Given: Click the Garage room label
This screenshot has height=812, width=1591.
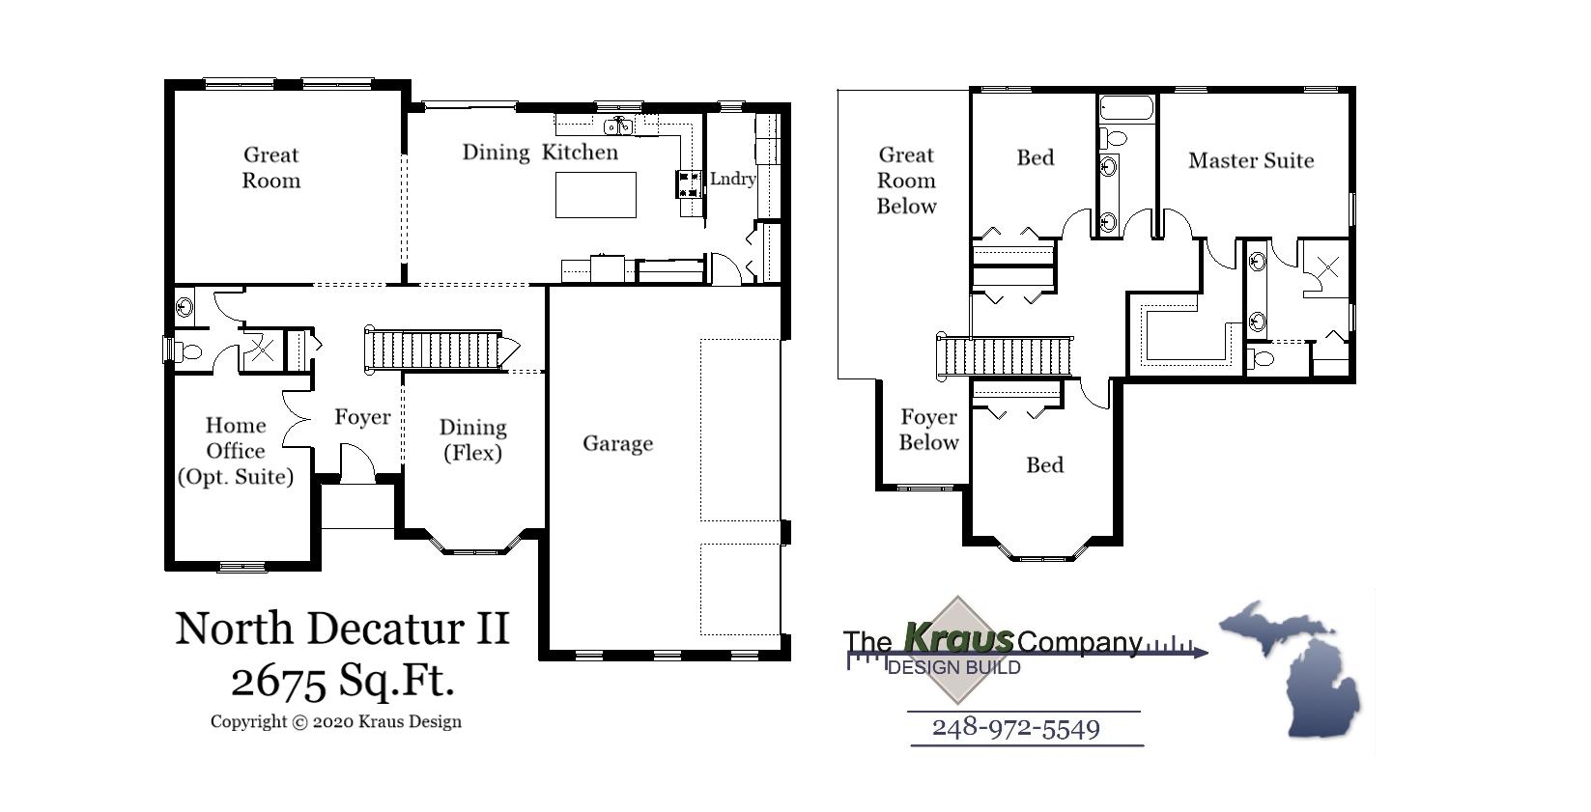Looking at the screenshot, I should tap(617, 443).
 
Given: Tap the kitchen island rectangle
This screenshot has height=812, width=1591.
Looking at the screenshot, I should tap(595, 194).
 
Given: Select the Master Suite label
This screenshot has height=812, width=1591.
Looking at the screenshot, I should tap(1250, 160).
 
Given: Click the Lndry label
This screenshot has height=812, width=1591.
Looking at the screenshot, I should tap(732, 179).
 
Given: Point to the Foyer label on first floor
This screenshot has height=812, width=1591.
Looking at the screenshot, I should tap(362, 417).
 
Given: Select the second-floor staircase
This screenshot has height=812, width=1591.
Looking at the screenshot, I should tap(1005, 356).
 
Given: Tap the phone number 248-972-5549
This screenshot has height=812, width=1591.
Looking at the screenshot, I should tap(1015, 727).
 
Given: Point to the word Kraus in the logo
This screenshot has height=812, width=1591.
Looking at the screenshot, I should tap(958, 638).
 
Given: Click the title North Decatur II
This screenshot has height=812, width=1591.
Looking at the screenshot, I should tap(342, 629).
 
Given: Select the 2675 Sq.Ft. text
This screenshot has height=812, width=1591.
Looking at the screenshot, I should tap(342, 681).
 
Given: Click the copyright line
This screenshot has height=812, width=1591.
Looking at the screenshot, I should tap(335, 721).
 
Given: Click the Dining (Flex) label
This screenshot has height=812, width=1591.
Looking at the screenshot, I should tap(472, 439).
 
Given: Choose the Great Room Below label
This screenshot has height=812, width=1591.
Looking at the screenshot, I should tap(906, 181).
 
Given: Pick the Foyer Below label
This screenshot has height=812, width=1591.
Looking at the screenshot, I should tap(928, 430).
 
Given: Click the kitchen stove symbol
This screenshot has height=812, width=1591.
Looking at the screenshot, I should tap(690, 183).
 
